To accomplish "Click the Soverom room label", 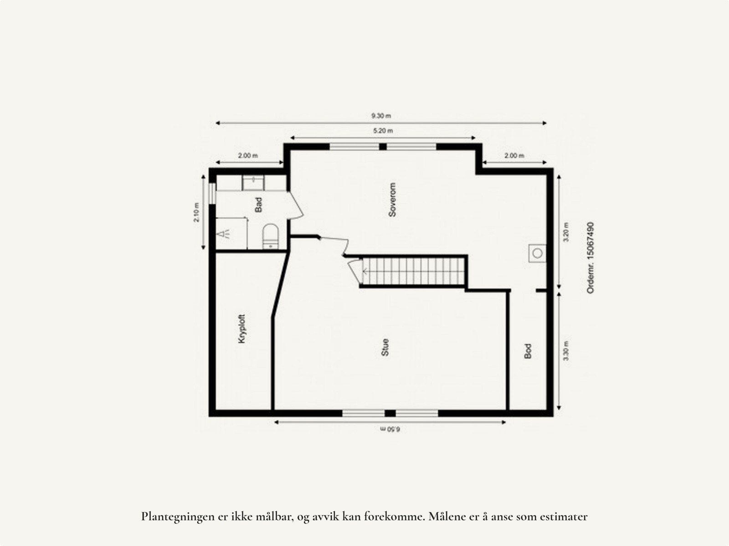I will [393, 200].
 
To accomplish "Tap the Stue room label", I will [385, 347].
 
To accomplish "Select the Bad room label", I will [259, 205].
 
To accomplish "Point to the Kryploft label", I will [242, 329].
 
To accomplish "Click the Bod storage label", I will [528, 350].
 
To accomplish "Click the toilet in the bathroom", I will [270, 235].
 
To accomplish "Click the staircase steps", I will [412, 271].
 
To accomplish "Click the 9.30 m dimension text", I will [381, 116].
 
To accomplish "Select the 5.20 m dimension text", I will [383, 131].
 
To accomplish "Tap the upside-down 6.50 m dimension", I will [390, 429].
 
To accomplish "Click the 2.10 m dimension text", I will [196, 212].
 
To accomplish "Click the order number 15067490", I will [590, 258].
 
